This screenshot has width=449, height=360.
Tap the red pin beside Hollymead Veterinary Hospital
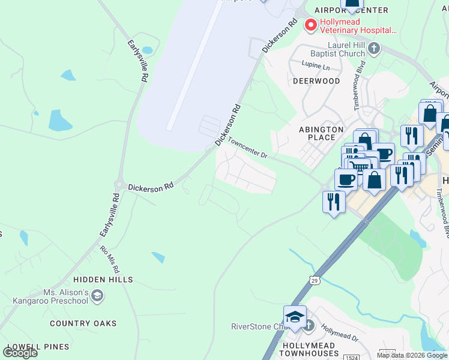[310, 25]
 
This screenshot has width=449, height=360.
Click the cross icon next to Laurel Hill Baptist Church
[374, 48]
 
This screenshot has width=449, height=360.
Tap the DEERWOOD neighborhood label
[316, 81]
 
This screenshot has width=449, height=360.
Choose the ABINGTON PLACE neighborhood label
[321, 133]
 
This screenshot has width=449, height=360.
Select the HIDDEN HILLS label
[103, 280]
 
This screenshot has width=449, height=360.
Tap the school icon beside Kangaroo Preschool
[98, 296]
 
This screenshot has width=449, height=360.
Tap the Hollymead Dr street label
[340, 334]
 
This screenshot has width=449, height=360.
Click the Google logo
[20, 352]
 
